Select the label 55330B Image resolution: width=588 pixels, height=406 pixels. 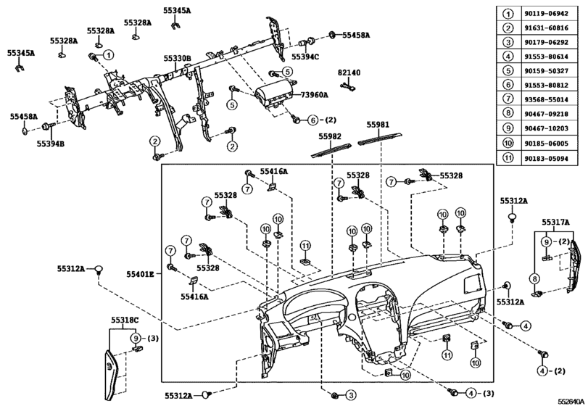177,58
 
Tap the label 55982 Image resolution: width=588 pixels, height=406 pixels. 328,136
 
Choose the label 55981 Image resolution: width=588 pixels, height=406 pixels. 378,123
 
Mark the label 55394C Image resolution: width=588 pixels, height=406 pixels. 305,56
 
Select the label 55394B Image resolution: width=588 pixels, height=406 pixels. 51,144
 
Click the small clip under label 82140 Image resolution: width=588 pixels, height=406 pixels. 347,86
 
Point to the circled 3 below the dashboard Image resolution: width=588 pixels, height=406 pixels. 350,394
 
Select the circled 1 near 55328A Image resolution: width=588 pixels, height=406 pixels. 108,54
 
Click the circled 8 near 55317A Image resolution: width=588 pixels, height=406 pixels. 534,278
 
